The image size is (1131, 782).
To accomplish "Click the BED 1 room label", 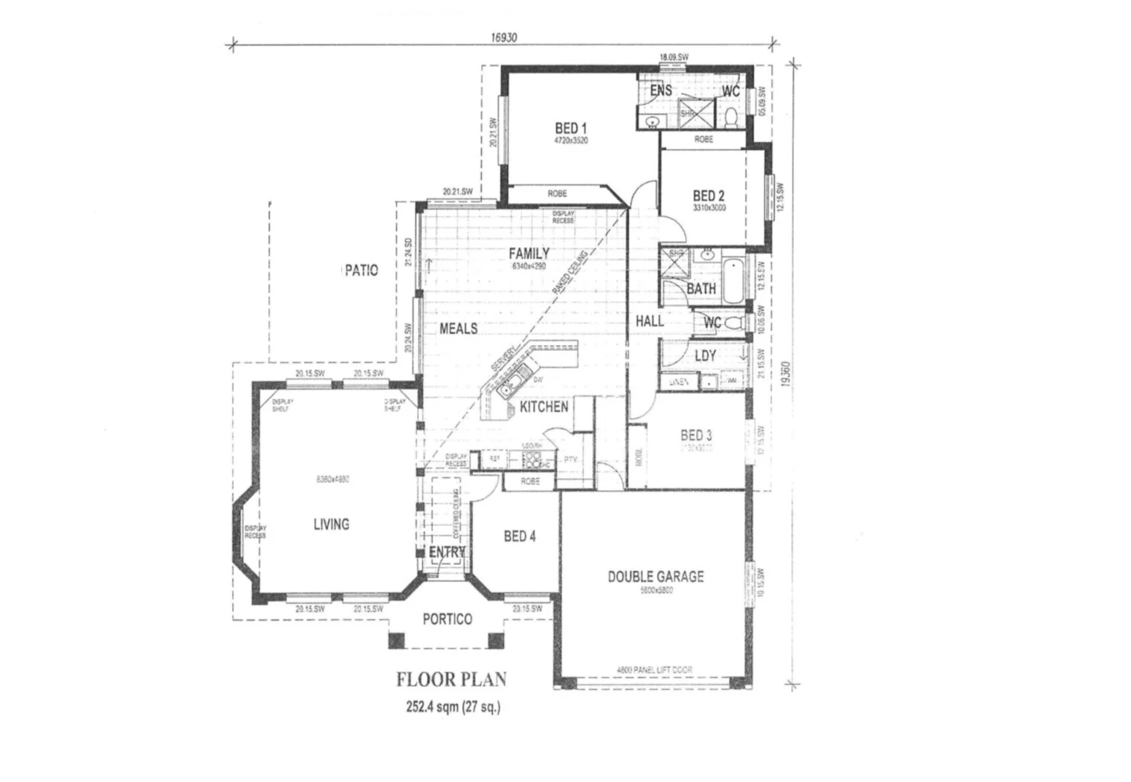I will pyautogui.click(x=570, y=129).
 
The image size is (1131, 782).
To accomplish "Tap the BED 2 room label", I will pyautogui.click(x=708, y=196).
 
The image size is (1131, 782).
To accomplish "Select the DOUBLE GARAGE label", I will pyautogui.click(x=655, y=576).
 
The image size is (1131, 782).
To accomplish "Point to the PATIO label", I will pyautogui.click(x=361, y=270).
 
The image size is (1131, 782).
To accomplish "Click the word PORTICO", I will pyautogui.click(x=447, y=619).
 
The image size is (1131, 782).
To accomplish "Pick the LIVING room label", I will pyautogui.click(x=331, y=524).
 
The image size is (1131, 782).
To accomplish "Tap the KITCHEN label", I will pyautogui.click(x=544, y=407).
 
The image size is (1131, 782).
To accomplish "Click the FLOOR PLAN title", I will pyautogui.click(x=451, y=679).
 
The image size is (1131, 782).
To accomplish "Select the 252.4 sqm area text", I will pyautogui.click(x=453, y=707).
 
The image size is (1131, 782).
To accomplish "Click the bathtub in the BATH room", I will pyautogui.click(x=732, y=279).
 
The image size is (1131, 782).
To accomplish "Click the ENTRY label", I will pyautogui.click(x=447, y=552).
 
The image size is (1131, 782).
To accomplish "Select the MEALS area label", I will pyautogui.click(x=458, y=329).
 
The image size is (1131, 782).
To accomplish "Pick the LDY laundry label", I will pyautogui.click(x=705, y=356).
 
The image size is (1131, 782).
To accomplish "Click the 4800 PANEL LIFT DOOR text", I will pyautogui.click(x=654, y=670).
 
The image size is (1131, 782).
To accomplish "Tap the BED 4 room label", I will pyautogui.click(x=519, y=536).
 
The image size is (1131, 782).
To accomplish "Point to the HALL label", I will pyautogui.click(x=649, y=321).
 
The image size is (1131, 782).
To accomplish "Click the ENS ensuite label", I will pyautogui.click(x=660, y=91).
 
